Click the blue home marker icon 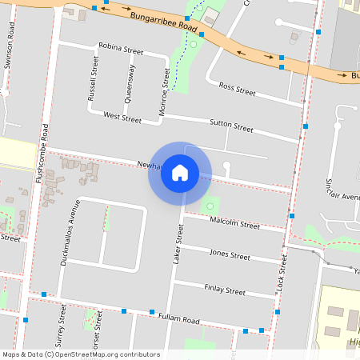coord(180,173)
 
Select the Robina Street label coord(121,50)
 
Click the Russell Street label coord(93,78)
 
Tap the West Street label coord(122,118)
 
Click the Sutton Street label coord(231,126)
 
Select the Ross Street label coord(237,90)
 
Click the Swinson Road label coord(9,52)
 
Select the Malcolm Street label coord(234,225)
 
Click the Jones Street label coord(230,254)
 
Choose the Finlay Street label coord(225,290)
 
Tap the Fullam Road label coord(178,319)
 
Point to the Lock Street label coord(282,272)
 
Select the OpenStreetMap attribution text coord(80,354)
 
